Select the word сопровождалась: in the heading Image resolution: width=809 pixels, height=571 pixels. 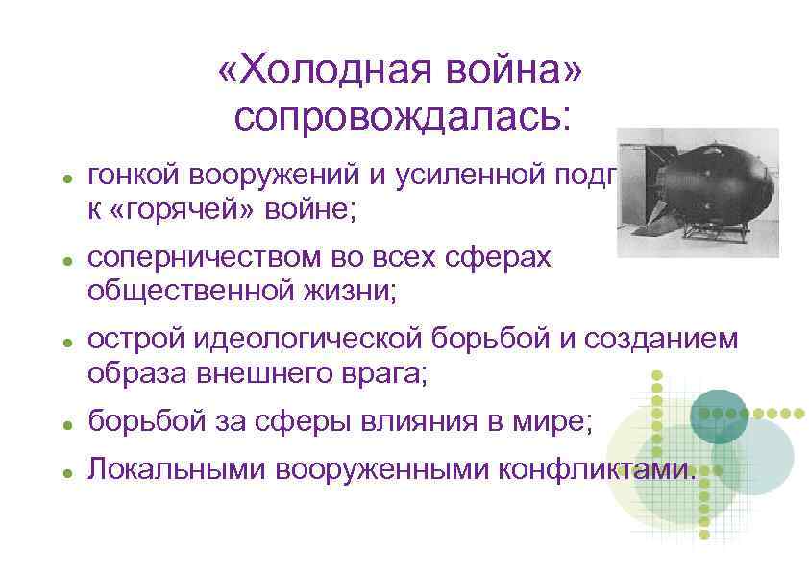403,117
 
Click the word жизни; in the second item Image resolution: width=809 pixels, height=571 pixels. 345,290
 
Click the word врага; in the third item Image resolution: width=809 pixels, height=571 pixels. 385,372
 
